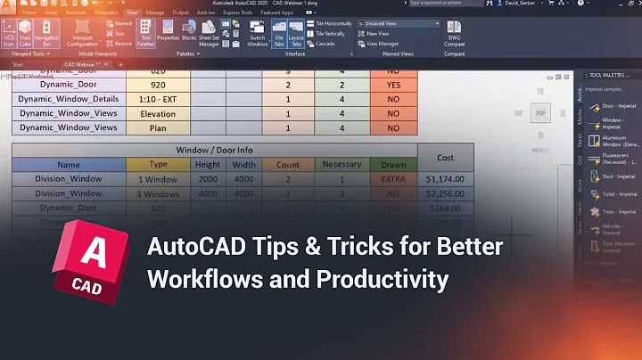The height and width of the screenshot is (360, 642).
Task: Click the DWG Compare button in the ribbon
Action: click(454, 33)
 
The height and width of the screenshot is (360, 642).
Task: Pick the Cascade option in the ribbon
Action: click(324, 43)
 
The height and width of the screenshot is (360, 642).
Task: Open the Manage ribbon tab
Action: click(154, 13)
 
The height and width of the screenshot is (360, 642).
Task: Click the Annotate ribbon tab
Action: click(77, 13)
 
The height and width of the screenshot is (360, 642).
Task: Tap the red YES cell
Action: click(392, 86)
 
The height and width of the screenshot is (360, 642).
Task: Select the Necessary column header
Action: click(342, 165)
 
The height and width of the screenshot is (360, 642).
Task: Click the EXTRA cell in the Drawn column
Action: click(392, 179)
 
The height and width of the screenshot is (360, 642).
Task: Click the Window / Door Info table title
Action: click(214, 150)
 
